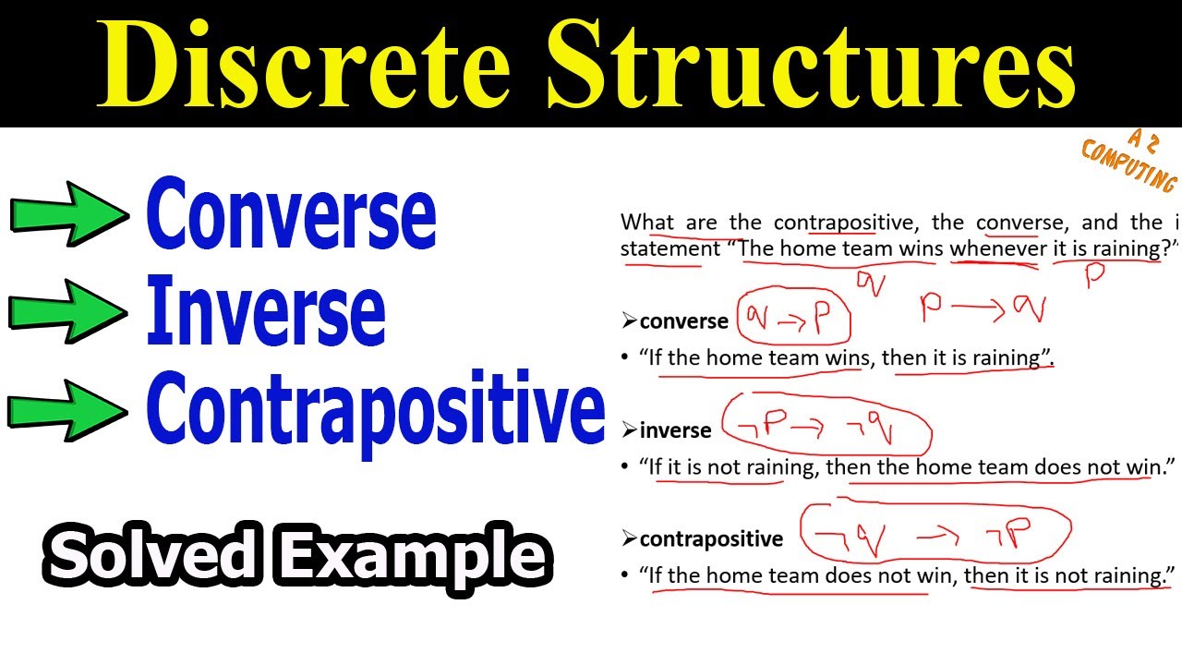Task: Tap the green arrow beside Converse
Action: point(68,214)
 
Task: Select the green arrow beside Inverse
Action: point(68,311)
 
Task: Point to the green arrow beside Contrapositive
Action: point(68,408)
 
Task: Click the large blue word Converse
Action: point(291,215)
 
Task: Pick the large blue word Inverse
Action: point(266,312)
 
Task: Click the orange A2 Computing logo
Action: point(1128,162)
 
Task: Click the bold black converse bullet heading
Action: point(683,321)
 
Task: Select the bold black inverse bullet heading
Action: point(675,430)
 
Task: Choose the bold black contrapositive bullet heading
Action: point(711,538)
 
